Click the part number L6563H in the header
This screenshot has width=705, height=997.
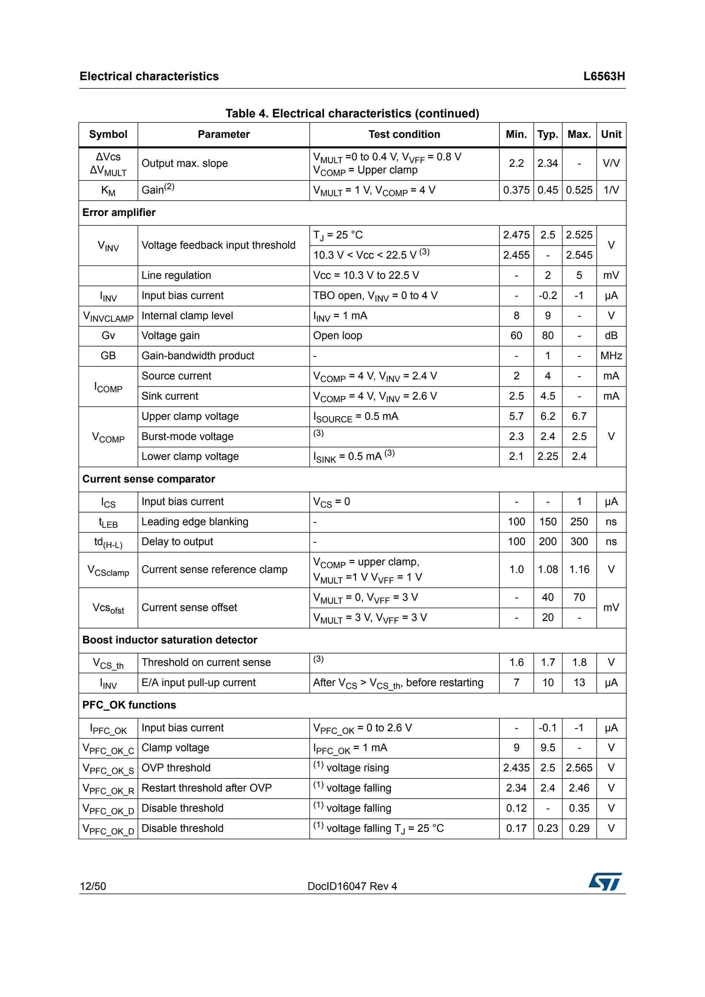tap(604, 76)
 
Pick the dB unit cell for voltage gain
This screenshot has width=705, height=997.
tap(611, 336)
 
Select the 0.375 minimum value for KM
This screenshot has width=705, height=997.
tap(516, 190)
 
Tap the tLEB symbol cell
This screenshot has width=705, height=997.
tap(108, 522)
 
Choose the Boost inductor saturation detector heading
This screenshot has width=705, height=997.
tap(170, 640)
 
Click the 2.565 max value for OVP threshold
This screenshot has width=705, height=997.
tap(579, 768)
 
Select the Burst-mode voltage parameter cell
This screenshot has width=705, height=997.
tap(187, 437)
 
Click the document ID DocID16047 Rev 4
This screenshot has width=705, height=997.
tap(352, 886)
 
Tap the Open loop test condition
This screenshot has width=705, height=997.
tap(338, 336)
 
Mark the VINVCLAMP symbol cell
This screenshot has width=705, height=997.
tap(108, 316)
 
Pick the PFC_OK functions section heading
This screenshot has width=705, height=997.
tap(129, 705)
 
